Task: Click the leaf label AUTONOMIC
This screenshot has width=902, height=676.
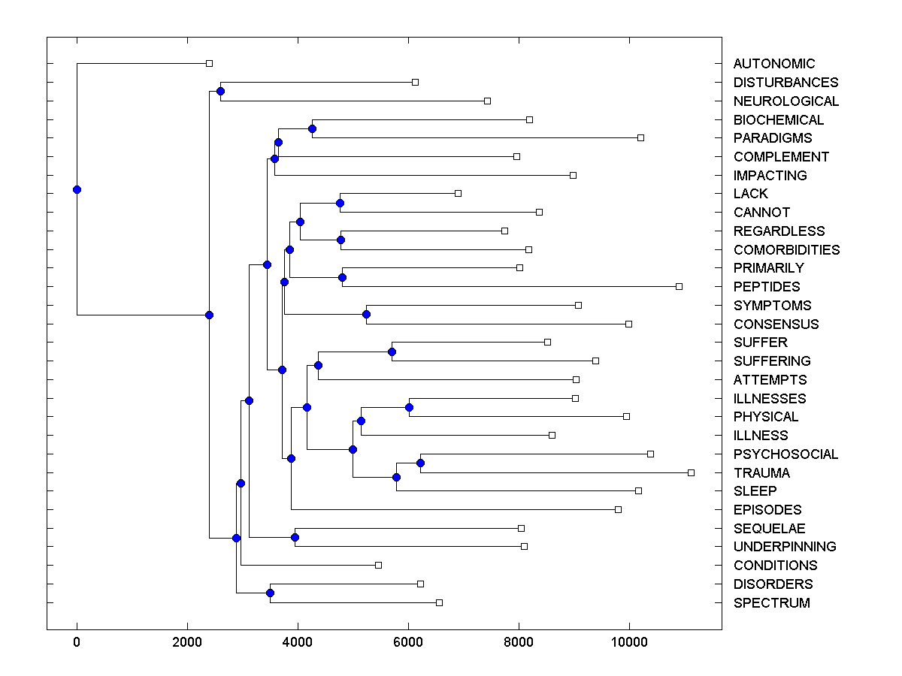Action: (773, 64)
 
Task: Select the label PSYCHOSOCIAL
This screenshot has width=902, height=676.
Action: (785, 454)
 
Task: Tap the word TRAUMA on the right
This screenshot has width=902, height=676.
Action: (761, 472)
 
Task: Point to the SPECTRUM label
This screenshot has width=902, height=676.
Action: (771, 602)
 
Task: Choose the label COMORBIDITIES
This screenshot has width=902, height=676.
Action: (786, 249)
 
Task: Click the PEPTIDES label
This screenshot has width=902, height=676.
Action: (767, 286)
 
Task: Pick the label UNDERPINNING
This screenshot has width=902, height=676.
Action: (785, 546)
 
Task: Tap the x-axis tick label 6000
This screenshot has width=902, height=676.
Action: (408, 641)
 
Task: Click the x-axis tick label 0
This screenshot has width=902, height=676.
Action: (77, 641)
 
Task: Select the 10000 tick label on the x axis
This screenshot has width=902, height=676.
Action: (629, 641)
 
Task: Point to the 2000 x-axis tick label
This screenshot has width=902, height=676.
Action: (187, 641)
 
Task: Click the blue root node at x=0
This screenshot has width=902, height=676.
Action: (77, 189)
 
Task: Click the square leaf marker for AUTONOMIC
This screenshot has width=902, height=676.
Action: (210, 64)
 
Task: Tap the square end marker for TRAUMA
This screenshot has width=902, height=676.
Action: (691, 472)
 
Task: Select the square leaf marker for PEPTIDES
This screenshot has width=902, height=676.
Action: (679, 286)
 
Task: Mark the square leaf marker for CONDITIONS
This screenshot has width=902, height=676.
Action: (378, 565)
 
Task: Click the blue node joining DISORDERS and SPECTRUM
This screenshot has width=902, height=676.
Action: (270, 593)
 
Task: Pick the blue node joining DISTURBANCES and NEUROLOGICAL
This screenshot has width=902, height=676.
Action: (220, 92)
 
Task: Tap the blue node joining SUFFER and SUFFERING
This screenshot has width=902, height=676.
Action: (392, 352)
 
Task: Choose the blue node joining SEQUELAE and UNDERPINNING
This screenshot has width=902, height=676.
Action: (295, 537)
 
